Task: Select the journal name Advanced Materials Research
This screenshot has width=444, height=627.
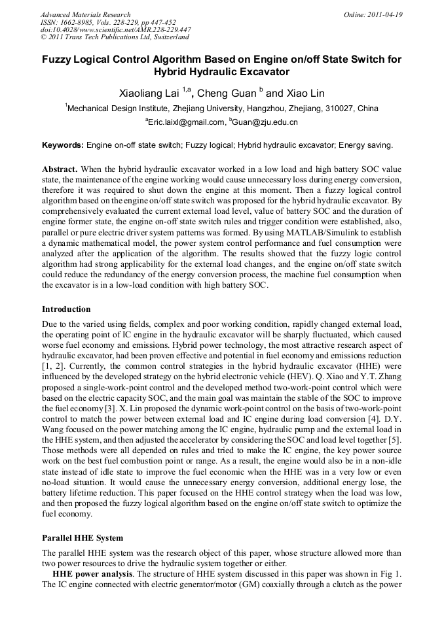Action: point(85,14)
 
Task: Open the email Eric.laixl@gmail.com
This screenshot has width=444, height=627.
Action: point(186,122)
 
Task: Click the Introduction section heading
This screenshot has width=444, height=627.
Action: point(66,309)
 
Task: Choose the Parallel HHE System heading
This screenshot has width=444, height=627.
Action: point(83,538)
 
